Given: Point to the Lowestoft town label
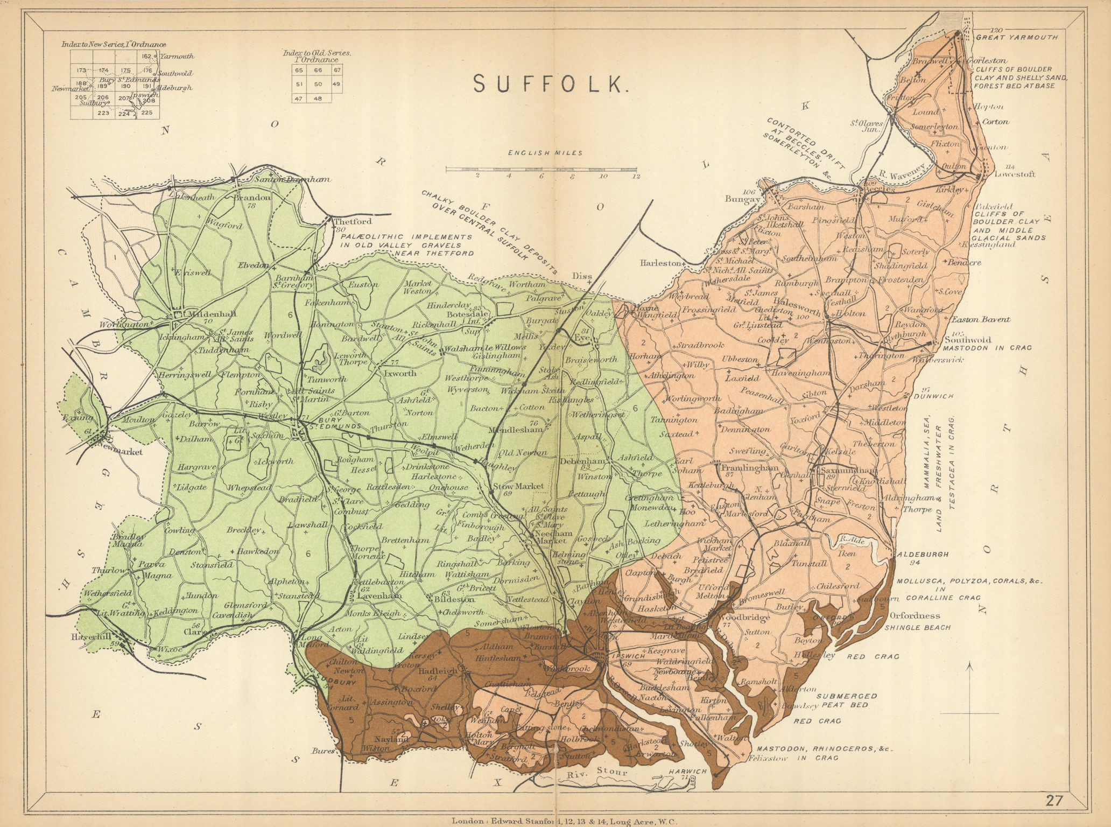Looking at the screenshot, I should [x=1015, y=174].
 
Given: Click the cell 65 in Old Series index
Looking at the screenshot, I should [x=299, y=70].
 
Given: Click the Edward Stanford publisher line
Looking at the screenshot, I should [x=555, y=822].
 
